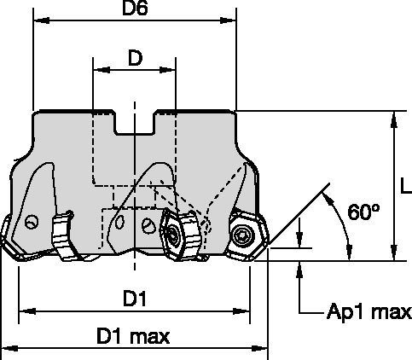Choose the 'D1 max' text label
134,337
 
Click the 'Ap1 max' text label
369,312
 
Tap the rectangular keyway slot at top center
133,125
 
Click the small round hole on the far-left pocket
32,223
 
